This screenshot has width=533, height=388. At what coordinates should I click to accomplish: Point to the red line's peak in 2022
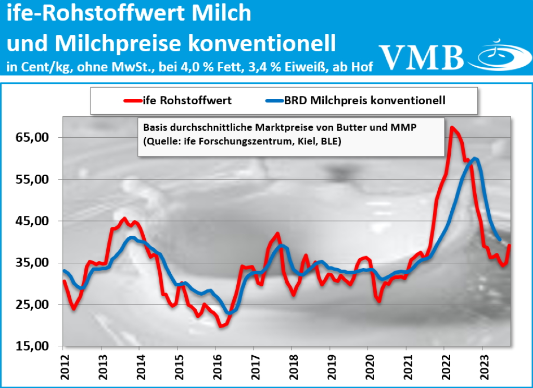coord(452,127)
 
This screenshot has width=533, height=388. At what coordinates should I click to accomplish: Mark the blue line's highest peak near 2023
coord(475,158)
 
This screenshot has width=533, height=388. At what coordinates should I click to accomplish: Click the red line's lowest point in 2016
coord(221,326)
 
